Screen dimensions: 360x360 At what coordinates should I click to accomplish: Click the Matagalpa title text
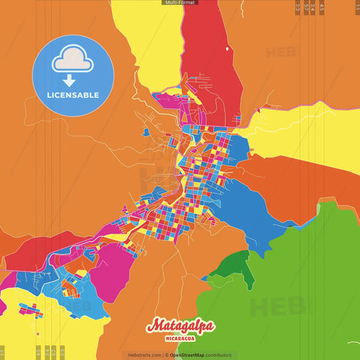(x=180, y=326)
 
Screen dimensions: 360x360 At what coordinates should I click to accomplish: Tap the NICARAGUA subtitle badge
(x=180, y=338)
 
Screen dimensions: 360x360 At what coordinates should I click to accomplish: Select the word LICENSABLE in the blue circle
(x=73, y=95)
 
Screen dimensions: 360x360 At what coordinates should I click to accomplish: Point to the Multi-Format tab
(x=180, y=3)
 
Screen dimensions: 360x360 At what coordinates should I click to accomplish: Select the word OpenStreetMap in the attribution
(x=187, y=355)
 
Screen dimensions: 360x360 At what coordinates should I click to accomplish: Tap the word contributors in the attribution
(x=218, y=355)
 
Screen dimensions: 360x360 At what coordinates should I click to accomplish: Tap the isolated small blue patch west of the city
(x=146, y=132)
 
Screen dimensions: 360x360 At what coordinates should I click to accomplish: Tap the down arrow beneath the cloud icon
(x=70, y=81)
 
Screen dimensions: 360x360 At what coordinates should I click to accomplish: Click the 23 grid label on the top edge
(x=299, y=7)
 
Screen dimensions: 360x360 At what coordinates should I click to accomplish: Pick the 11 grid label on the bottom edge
(x=3, y=352)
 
